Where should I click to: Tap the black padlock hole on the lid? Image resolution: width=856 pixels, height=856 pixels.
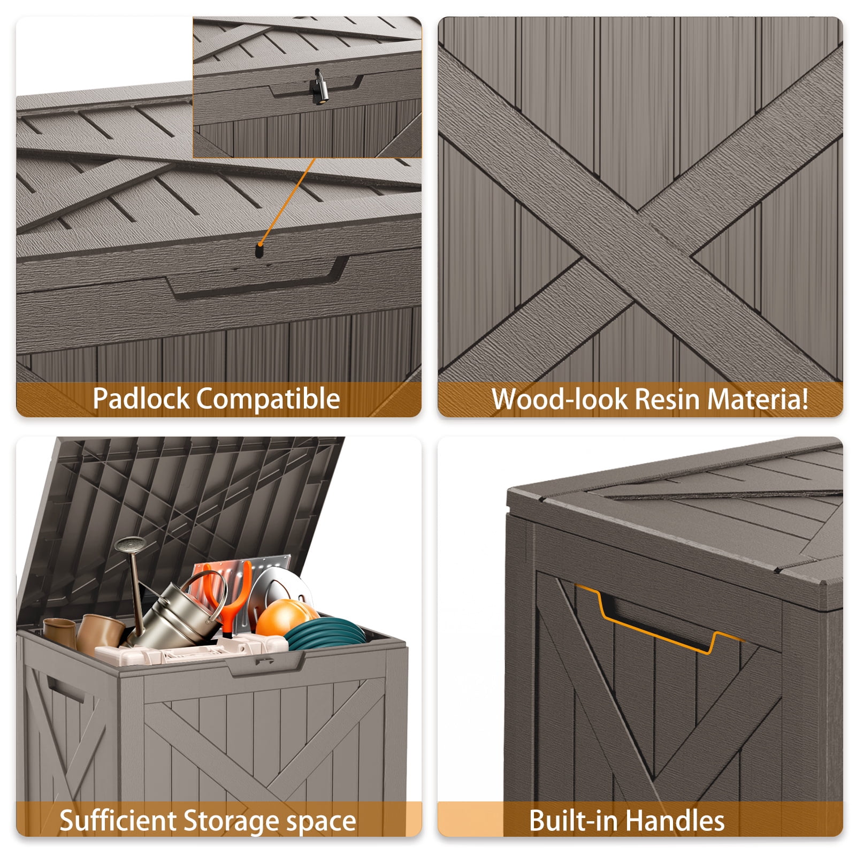(x=260, y=250)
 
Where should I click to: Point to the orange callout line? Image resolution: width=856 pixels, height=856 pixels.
(x=288, y=201)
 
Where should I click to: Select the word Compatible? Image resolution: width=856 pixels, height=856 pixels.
(x=268, y=399)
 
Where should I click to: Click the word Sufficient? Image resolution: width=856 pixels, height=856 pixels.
(x=118, y=820)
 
